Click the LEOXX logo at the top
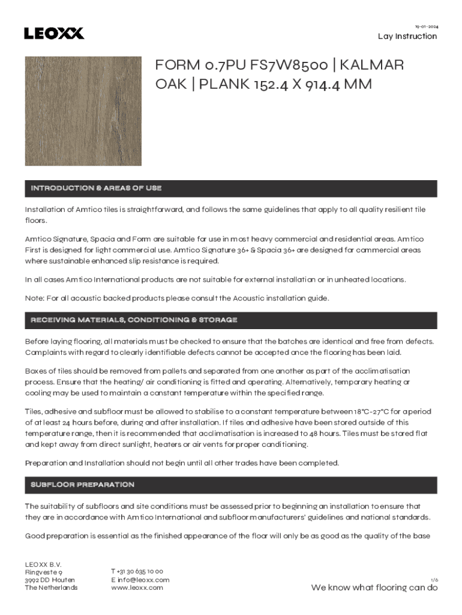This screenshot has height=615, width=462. (x=54, y=33)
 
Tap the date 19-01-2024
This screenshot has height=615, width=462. (x=427, y=27)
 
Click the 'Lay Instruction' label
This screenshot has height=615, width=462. (x=407, y=37)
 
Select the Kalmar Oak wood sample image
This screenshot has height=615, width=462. (x=83, y=111)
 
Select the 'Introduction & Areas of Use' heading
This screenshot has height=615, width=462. (x=96, y=189)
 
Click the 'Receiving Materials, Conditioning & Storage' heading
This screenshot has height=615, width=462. (x=134, y=320)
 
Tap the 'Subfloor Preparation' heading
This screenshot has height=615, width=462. (x=82, y=485)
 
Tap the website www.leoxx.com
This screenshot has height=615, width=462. (x=137, y=588)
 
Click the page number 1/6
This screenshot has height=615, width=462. (x=434, y=580)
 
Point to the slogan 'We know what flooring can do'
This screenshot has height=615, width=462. (x=374, y=588)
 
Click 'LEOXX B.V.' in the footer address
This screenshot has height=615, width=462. (x=43, y=564)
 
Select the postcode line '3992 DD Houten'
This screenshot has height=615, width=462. (x=50, y=580)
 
